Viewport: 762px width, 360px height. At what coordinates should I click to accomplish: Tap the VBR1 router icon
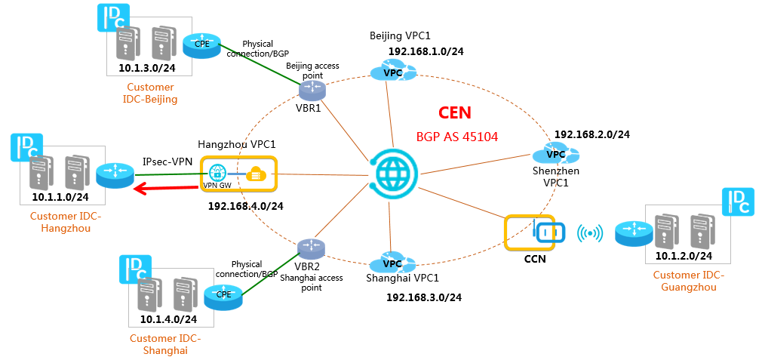[312, 89]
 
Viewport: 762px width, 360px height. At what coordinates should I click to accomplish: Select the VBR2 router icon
[312, 248]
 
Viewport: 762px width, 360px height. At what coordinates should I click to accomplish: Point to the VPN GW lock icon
[217, 173]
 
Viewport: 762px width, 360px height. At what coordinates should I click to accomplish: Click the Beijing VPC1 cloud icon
[393, 71]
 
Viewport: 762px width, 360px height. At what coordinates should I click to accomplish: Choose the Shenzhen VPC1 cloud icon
[555, 153]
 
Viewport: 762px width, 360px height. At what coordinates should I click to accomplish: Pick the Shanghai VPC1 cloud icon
[392, 263]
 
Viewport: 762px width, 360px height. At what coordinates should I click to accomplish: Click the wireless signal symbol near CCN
[590, 233]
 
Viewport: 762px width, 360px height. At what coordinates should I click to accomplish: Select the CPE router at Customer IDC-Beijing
[201, 45]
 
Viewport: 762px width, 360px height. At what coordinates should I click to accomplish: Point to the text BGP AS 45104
[457, 137]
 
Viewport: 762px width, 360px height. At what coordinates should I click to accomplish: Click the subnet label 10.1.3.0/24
[147, 67]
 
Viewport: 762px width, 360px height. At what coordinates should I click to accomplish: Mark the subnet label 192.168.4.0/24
[245, 206]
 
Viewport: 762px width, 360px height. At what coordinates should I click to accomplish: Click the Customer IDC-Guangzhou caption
[689, 282]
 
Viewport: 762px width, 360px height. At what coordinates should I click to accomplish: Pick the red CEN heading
[455, 112]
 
